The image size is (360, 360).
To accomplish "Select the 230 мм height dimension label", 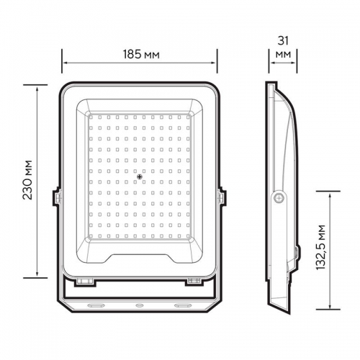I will click(x=27, y=180).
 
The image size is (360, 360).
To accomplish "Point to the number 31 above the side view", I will click(x=282, y=41).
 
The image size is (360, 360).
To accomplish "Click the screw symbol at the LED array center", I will click(x=140, y=174).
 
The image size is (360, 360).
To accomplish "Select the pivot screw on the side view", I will click(x=278, y=199).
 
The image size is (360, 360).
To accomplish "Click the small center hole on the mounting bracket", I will click(x=140, y=305).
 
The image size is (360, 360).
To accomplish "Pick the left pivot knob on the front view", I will click(x=55, y=196).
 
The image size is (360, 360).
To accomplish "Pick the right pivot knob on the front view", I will click(x=222, y=196).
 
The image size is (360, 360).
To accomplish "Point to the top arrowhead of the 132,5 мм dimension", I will click(x=329, y=194).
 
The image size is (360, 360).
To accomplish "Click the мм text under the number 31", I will click(x=282, y=54).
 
